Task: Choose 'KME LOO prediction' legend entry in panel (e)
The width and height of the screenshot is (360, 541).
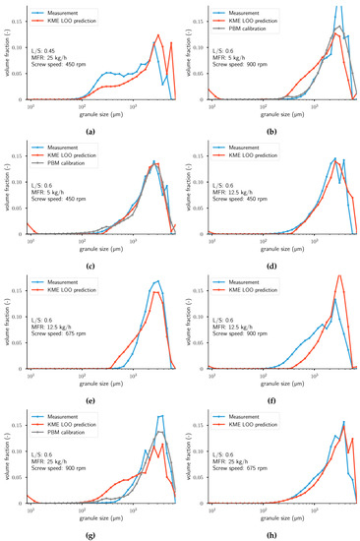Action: tap(69, 284)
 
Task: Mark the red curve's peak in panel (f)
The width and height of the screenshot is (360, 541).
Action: tap(339, 276)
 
